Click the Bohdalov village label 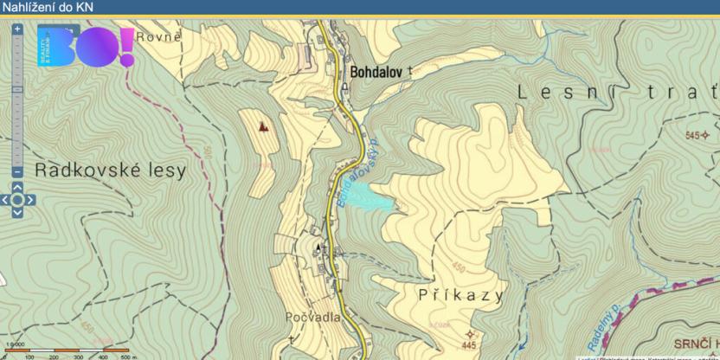(x=376, y=73)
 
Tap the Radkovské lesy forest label (x=110, y=170)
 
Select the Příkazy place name (x=448, y=295)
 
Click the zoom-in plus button (x=16, y=29)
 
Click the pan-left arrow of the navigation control (x=4, y=200)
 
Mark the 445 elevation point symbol (x=470, y=333)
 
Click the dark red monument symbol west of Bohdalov (x=263, y=125)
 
